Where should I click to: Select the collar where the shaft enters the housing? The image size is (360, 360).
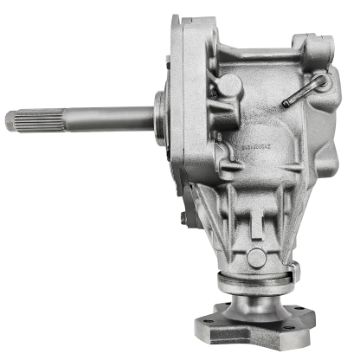click(x=162, y=112)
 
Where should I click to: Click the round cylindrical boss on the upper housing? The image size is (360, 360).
click(x=230, y=86)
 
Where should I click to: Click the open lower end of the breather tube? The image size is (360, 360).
click(x=285, y=105)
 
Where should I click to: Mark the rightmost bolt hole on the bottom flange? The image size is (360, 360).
click(x=309, y=325)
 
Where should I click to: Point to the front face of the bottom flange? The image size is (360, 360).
click(x=260, y=339)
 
